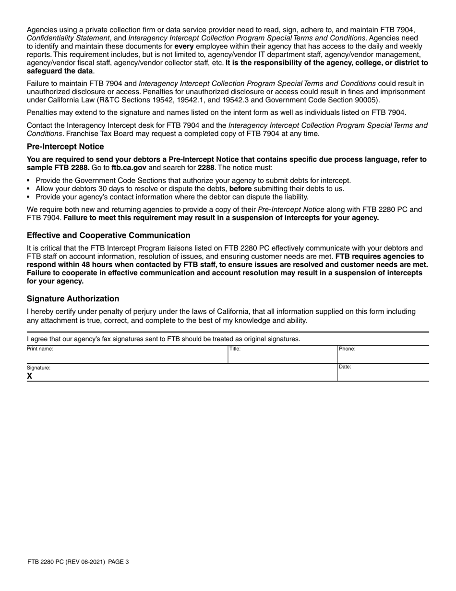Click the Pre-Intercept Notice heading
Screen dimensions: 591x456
(65, 147)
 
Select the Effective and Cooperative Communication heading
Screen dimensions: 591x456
(108, 235)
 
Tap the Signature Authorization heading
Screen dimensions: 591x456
(73, 298)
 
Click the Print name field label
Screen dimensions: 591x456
(40, 349)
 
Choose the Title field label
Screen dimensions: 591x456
(235, 349)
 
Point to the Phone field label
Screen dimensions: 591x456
(347, 349)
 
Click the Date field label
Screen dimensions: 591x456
(345, 367)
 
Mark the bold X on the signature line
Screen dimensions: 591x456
(30, 376)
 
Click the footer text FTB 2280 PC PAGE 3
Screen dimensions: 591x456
(78, 561)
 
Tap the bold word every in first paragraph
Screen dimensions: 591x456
(182, 46)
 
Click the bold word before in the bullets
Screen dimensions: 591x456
(240, 188)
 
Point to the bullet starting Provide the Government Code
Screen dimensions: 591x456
(193, 180)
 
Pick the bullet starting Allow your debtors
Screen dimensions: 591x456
(190, 188)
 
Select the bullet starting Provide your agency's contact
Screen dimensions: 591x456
(172, 197)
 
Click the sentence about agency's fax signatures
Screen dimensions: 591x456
(164, 339)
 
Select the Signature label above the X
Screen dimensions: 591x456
(38, 368)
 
